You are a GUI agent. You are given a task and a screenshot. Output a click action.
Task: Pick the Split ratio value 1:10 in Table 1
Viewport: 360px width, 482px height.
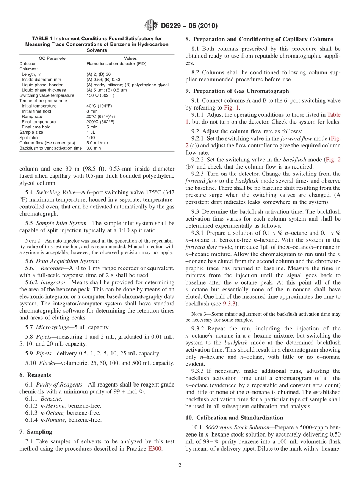point(91,138)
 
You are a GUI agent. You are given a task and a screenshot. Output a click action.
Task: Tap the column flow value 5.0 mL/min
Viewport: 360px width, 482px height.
point(97,143)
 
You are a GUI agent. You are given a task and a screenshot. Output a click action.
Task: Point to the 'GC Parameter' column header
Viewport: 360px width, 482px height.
point(53,58)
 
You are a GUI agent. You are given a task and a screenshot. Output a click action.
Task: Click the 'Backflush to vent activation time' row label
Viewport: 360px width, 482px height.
point(50,148)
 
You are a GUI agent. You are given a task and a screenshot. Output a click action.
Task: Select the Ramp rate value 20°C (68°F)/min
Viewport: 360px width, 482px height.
point(102,116)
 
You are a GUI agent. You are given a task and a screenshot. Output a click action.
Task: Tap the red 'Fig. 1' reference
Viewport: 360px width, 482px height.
point(232,108)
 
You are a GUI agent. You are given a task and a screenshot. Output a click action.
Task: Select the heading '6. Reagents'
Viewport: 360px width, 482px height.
point(35,375)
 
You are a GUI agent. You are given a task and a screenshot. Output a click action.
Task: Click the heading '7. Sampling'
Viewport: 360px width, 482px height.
point(36,432)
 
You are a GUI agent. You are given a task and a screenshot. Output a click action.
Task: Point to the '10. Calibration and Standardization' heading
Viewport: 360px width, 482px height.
point(234,418)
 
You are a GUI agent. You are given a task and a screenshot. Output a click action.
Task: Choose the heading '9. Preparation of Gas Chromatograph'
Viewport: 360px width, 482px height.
point(237,91)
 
